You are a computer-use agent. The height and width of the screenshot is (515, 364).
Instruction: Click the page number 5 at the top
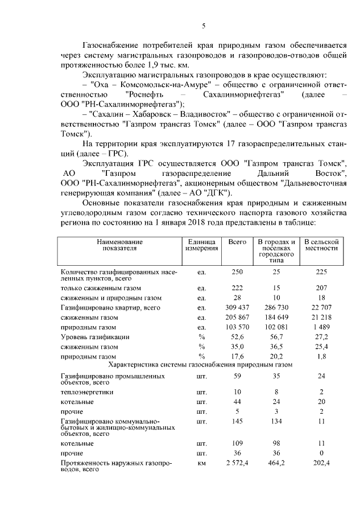click(x=204, y=25)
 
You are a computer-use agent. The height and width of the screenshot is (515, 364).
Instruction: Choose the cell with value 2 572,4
click(x=237, y=465)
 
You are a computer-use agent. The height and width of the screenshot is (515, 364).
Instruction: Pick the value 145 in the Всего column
click(x=237, y=422)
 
